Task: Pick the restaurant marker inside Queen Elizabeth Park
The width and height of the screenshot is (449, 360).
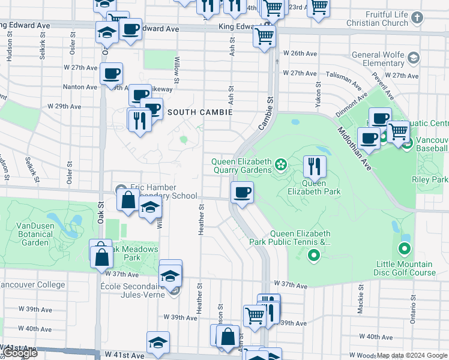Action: [315, 167]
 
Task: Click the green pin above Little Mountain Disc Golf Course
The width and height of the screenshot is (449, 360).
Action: [405, 248]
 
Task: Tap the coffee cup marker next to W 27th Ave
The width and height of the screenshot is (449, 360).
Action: [112, 74]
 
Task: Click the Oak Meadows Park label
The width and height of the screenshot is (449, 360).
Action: [133, 253]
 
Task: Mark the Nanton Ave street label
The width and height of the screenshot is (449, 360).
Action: [80, 87]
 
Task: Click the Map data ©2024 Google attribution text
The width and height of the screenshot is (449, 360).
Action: [412, 355]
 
